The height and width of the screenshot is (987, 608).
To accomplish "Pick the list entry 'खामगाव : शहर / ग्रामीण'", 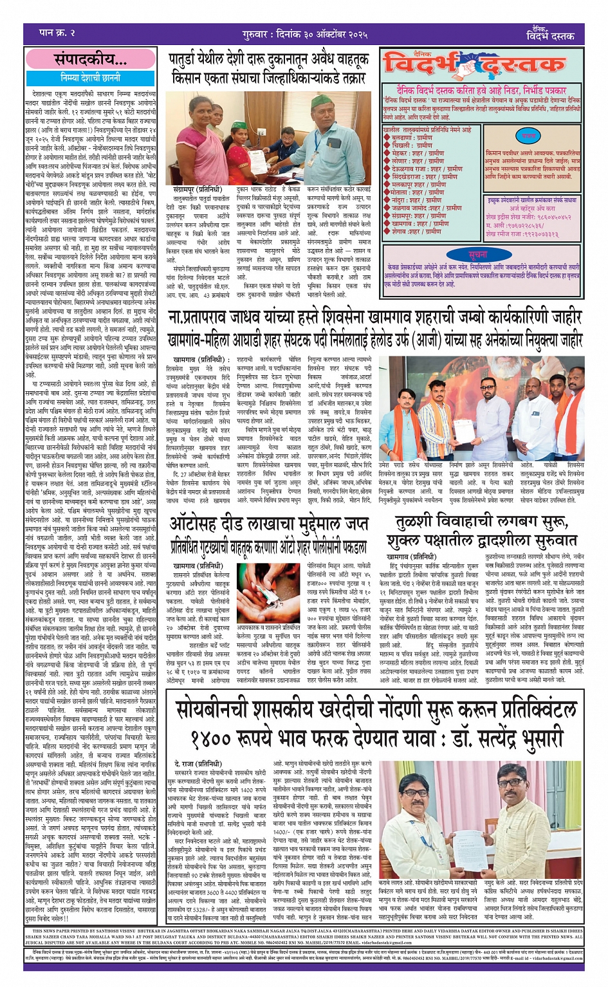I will (427, 223).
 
